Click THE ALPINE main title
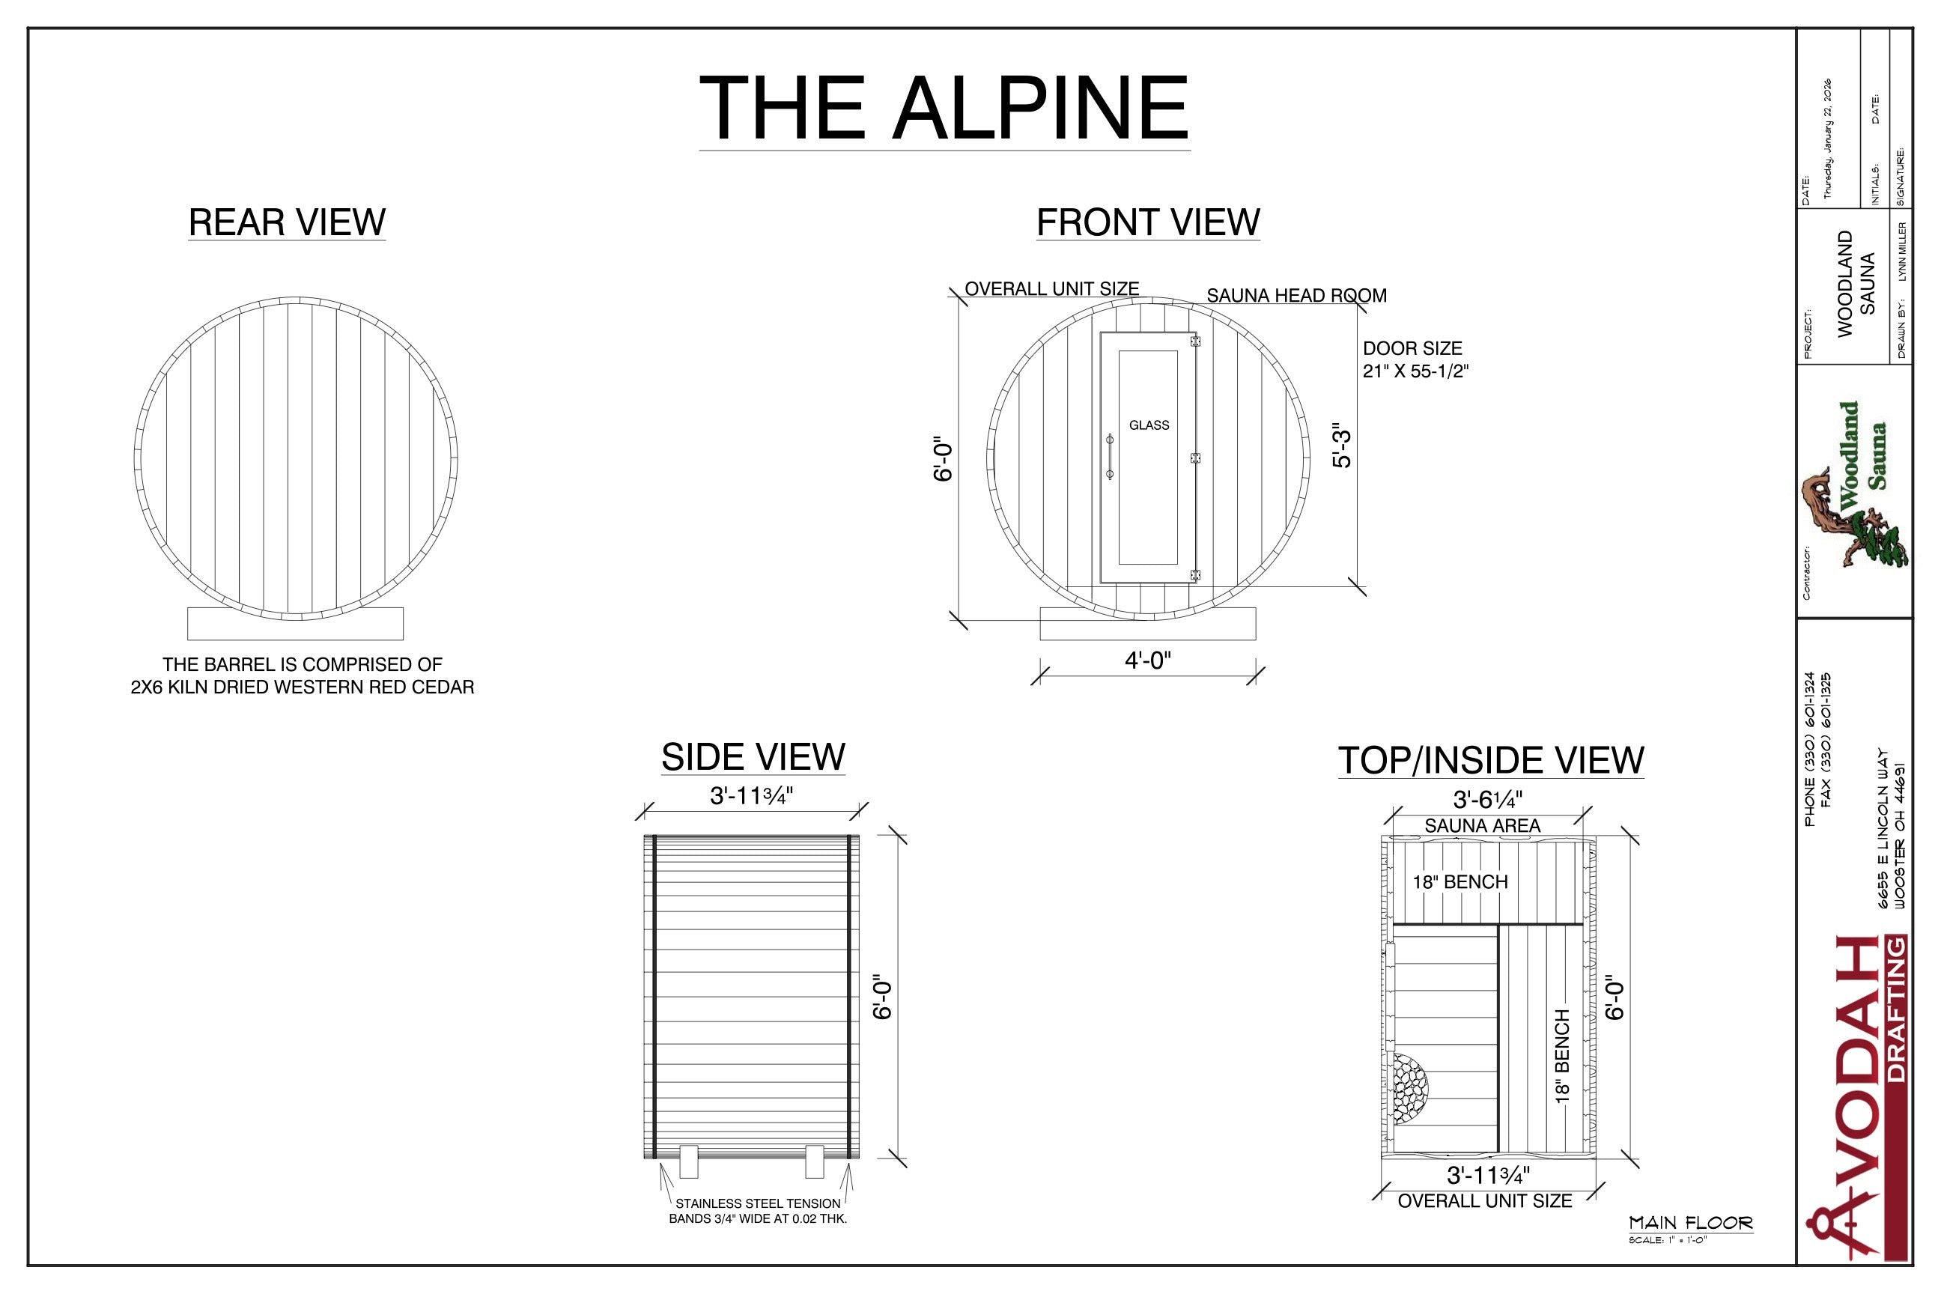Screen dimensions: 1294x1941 (944, 108)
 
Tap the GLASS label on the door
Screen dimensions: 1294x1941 (1149, 425)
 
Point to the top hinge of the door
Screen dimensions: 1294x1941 (1194, 341)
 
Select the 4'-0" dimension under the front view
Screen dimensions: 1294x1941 (1147, 660)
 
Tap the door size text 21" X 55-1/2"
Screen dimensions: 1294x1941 (1415, 371)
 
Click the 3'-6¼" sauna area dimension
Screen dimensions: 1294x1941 (1488, 800)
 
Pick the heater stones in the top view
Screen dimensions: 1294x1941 (1409, 1089)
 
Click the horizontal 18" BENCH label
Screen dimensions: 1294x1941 (1460, 882)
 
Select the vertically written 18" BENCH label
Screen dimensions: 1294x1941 (1561, 1056)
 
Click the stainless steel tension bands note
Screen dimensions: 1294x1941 (758, 1211)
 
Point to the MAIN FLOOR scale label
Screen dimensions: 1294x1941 (1690, 1223)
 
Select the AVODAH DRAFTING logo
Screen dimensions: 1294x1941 (1858, 1098)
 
